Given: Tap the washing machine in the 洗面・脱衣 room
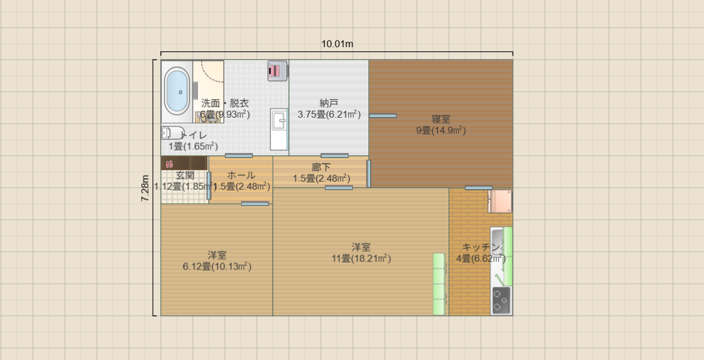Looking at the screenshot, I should click(277, 70).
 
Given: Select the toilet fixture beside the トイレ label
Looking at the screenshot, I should click(172, 132).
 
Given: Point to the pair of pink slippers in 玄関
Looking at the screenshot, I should click(169, 164).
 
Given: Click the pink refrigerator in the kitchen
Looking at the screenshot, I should click(500, 201).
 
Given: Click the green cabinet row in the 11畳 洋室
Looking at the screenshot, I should click(440, 284).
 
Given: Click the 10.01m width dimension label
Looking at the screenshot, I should click(337, 44).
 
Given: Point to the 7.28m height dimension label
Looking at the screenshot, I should click(146, 188).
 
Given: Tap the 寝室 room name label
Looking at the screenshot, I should click(441, 119).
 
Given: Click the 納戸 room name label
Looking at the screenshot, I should click(329, 103).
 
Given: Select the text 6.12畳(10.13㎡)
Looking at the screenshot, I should click(217, 267).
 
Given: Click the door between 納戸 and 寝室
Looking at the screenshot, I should click(382, 116).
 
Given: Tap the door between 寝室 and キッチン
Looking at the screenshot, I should click(479, 187).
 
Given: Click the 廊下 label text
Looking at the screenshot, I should click(321, 167).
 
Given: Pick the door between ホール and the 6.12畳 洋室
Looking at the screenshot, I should click(255, 204).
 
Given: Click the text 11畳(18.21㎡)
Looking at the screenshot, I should click(362, 258).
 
